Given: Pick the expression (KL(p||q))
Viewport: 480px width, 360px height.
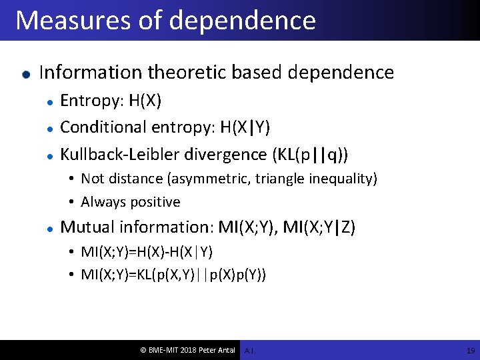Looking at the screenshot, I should click(309, 154).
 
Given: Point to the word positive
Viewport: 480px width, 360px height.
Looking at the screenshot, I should click(155, 202).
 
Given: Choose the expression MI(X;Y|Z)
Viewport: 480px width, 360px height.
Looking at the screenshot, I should click(319, 227).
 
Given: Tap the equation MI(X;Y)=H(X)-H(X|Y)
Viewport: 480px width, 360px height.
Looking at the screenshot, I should click(147, 251).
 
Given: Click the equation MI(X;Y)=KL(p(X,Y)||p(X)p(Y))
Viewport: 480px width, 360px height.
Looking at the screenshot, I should click(173, 274).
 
